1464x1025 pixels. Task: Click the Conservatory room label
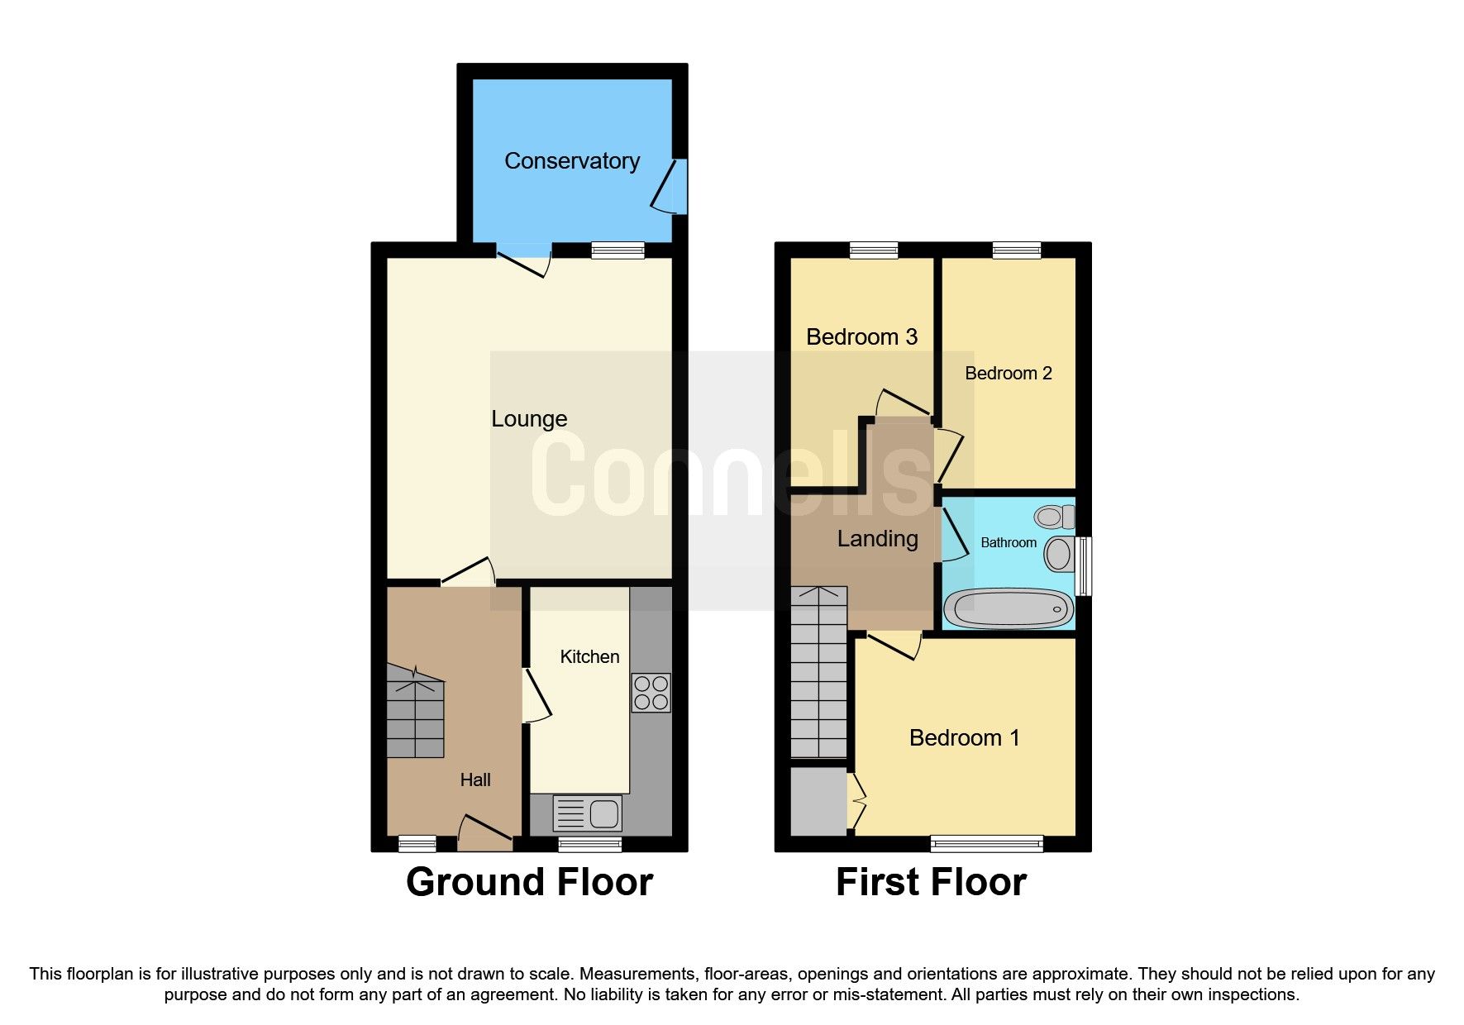[572, 160]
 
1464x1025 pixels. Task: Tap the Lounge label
[529, 419]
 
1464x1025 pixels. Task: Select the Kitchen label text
[589, 657]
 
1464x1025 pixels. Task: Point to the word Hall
[475, 779]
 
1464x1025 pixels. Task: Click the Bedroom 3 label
[861, 337]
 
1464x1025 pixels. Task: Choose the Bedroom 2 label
[1008, 374]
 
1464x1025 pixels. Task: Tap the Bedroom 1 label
[964, 737]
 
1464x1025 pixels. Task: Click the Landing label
[877, 539]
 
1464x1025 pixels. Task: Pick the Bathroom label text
[1008, 543]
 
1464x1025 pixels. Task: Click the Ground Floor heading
[529, 882]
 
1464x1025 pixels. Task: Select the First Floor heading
[931, 882]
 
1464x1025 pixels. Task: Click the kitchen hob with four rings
[651, 693]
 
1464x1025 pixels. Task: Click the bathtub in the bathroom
[1009, 609]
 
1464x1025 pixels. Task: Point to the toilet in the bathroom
[1054, 517]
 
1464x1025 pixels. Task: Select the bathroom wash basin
[1058, 554]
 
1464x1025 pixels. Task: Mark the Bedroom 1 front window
[986, 844]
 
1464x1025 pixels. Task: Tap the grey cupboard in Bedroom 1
[818, 801]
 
